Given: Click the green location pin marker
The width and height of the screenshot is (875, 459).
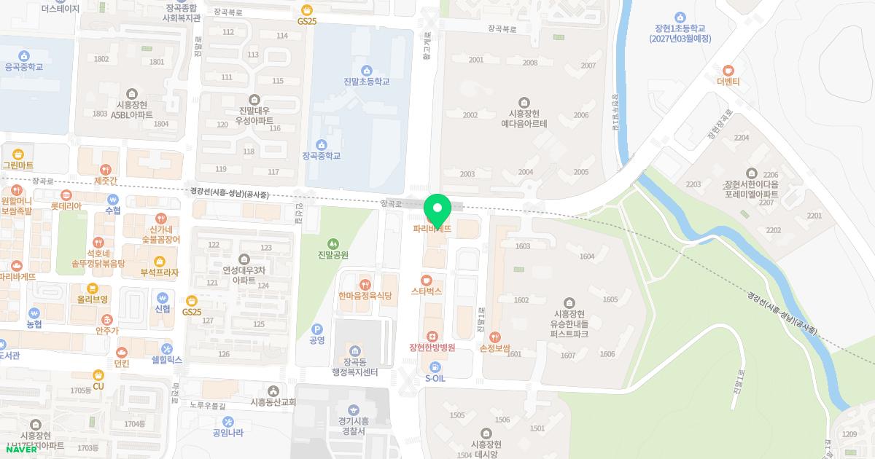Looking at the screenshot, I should (437, 210).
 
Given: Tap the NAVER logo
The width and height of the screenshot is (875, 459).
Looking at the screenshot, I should (21, 449).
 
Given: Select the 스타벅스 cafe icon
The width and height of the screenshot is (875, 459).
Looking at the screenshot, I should (427, 280).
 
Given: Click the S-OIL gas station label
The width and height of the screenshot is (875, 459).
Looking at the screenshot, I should (435, 379).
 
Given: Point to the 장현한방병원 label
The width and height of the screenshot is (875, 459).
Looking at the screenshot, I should (432, 348).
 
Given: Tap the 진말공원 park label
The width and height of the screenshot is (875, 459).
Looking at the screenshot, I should (333, 255).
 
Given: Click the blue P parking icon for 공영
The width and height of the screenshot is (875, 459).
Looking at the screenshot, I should (316, 329).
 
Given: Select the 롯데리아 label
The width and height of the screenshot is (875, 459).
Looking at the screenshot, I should (66, 206).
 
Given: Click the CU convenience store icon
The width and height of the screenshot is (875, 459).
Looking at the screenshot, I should (98, 374).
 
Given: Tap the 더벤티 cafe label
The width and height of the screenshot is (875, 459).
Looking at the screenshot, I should (728, 82).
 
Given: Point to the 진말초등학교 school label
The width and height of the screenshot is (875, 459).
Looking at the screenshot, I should (366, 82).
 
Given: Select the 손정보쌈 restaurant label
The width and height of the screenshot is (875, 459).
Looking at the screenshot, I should (495, 349).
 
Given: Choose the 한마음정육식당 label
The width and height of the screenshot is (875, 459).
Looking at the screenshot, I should (365, 296).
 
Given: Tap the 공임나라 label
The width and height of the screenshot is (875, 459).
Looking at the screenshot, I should (228, 432).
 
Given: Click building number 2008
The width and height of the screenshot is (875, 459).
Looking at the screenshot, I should (530, 63).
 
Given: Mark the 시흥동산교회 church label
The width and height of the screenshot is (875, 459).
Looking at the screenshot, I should (273, 402).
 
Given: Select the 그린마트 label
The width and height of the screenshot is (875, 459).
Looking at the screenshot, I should (17, 165).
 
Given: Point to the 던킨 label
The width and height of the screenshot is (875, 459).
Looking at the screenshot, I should (122, 364).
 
